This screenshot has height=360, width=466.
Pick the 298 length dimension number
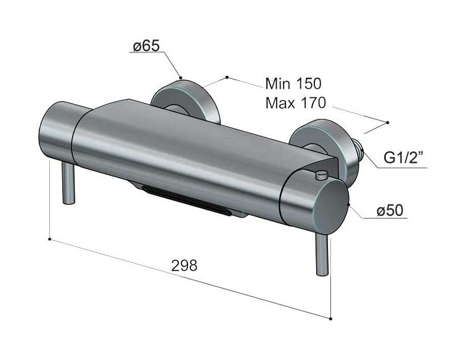(184, 265)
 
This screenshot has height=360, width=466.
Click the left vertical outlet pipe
(68, 181)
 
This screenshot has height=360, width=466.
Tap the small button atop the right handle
(320, 176)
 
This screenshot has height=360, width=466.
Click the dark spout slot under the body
(185, 198)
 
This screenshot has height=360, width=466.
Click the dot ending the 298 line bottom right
(331, 319)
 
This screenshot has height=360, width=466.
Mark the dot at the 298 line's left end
(49, 237)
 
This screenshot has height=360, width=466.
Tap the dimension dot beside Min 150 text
(227, 77)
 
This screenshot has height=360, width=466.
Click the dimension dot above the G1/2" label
(388, 122)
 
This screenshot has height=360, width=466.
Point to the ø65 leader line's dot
(181, 77)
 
